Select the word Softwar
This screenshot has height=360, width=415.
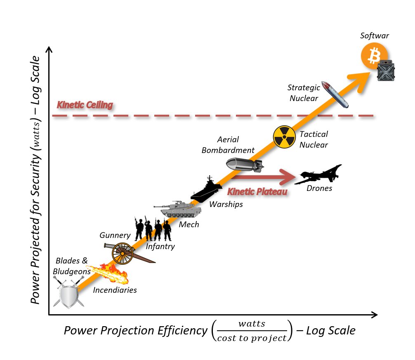click(375, 36)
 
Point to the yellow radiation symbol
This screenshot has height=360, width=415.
click(284, 137)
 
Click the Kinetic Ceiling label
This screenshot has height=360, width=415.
click(85, 105)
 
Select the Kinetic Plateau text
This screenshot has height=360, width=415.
click(257, 192)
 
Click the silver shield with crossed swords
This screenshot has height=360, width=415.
click(69, 293)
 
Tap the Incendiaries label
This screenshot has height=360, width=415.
click(115, 290)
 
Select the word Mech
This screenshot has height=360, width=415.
click(189, 224)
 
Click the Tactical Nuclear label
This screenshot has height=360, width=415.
click(314, 139)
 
